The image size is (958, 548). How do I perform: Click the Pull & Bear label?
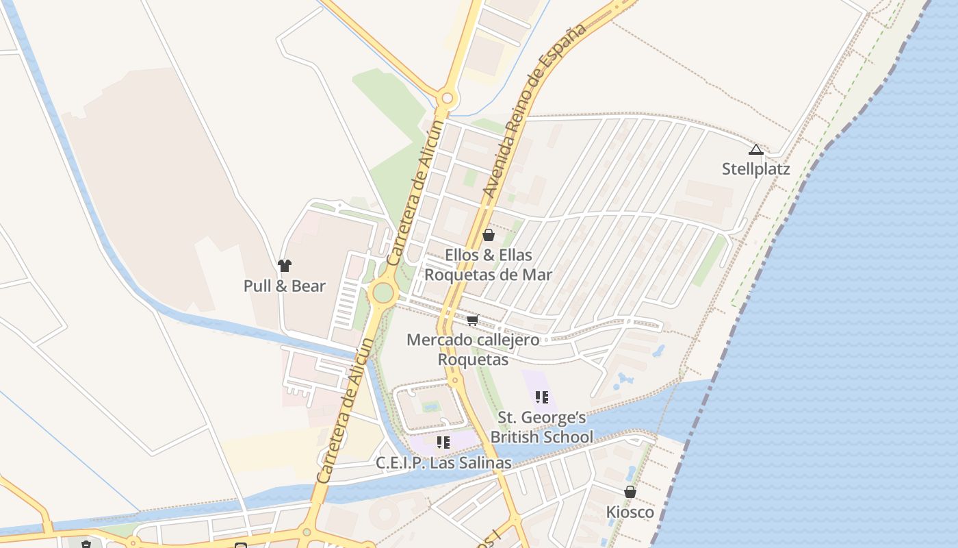point(284,286)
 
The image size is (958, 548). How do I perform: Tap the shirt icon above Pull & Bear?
point(285,266)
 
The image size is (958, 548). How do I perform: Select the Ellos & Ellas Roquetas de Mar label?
point(488,265)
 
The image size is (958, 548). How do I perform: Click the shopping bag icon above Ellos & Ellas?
point(489,236)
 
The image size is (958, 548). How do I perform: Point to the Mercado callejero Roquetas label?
point(473,349)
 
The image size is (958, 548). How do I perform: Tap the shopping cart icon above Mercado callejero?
point(473,320)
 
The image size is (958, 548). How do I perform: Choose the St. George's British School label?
point(542,427)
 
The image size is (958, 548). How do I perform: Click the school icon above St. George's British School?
point(542,397)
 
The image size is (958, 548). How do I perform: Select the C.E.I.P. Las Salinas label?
point(443,463)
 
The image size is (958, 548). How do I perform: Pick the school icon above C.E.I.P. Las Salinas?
point(443,443)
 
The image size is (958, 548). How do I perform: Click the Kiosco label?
point(630,512)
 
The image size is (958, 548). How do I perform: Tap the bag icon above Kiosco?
point(630,492)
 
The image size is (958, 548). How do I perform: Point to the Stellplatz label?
point(755,169)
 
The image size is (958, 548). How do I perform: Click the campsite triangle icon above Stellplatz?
point(755,150)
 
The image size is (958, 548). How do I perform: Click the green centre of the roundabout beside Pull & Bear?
point(383,293)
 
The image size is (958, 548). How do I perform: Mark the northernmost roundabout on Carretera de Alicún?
point(448,99)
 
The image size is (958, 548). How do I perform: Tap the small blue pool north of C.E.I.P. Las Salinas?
point(431,407)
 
